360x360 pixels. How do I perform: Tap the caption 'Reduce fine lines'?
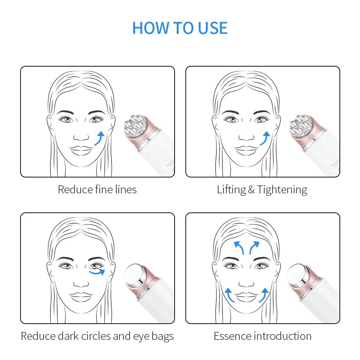click(x=97, y=189)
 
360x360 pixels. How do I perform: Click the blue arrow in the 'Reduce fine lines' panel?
click(x=100, y=138)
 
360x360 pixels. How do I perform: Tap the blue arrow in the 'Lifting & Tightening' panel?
click(x=265, y=138)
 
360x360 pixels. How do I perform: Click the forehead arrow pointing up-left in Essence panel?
click(x=238, y=248)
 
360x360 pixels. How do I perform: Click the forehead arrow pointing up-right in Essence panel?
click(x=254, y=248)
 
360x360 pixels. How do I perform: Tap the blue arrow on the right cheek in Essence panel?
click(x=264, y=294)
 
